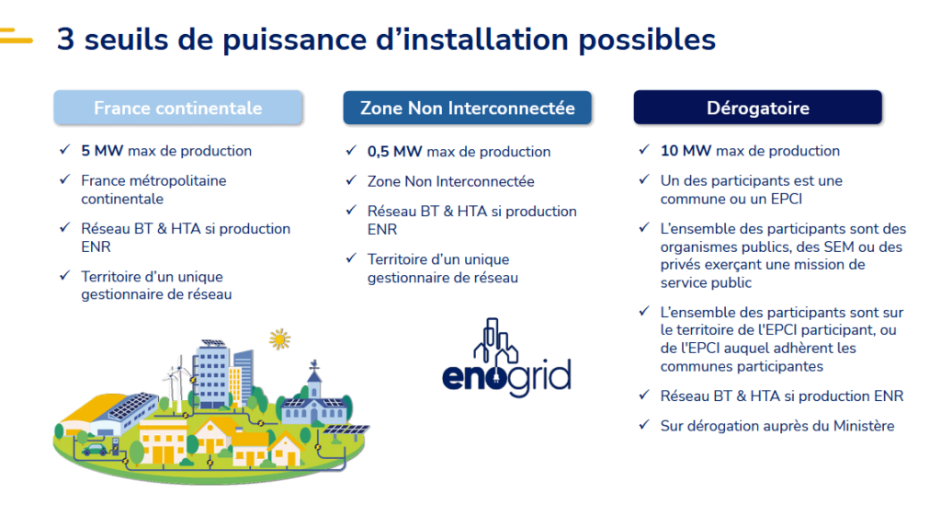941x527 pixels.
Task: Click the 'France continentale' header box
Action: (x=177, y=108)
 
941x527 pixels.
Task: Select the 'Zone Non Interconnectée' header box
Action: (x=467, y=108)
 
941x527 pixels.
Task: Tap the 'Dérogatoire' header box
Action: (x=757, y=108)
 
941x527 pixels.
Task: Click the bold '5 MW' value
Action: (x=102, y=151)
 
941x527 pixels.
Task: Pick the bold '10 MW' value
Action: (x=686, y=151)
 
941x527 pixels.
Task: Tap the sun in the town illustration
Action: (x=279, y=339)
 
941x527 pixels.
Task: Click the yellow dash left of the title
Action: (x=17, y=39)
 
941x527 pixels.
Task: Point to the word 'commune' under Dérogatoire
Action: (x=690, y=199)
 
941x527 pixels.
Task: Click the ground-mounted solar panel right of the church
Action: (x=346, y=430)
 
